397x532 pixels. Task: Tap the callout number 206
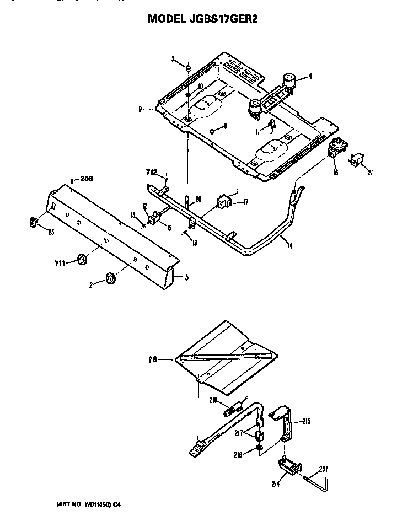87,178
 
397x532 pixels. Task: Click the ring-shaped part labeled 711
83,259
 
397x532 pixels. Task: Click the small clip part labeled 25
33,222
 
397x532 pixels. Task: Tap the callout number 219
153,359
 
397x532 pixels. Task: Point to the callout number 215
307,421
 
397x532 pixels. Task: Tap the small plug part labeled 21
357,161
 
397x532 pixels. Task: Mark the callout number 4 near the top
310,77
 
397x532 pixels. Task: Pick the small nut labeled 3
188,68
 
